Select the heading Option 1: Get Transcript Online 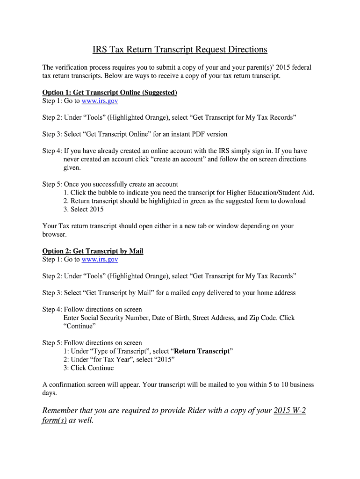tap(109, 93)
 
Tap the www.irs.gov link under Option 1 tap(100, 101)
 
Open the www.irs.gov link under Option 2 tap(100, 259)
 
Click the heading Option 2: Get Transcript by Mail tap(93, 251)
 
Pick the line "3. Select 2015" tap(83, 210)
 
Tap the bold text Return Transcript tap(202, 351)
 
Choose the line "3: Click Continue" tap(88, 368)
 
